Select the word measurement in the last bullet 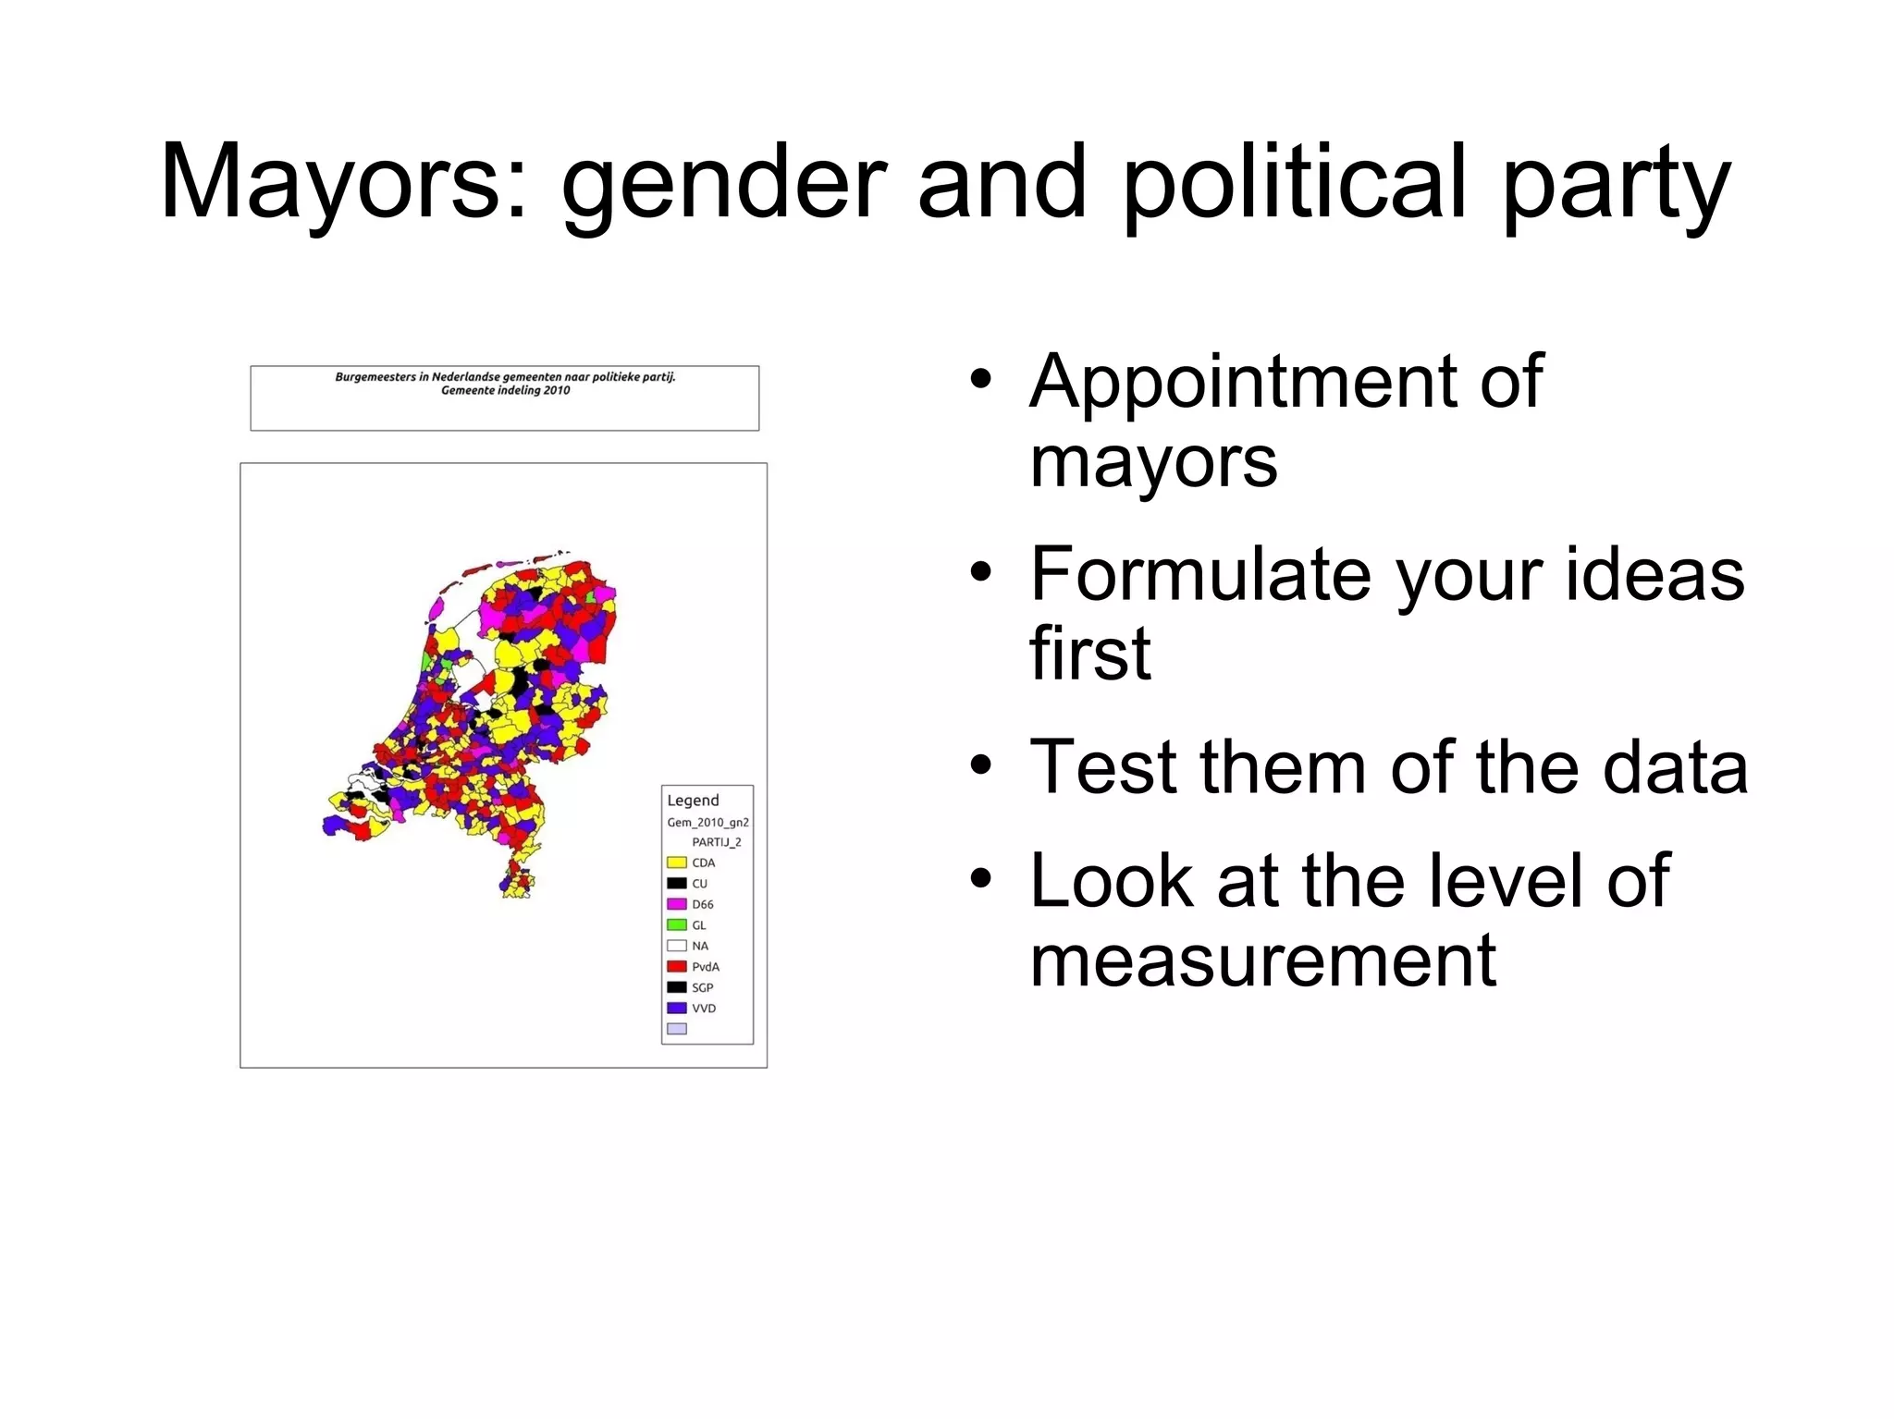pos(1262,960)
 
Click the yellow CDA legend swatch pos(677,862)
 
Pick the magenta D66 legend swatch pos(677,904)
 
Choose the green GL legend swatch pos(677,924)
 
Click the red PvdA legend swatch pos(677,966)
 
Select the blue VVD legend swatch pos(677,1008)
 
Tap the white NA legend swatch pos(677,946)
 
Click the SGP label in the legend pos(703,987)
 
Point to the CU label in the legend pos(700,884)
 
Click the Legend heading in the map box pos(693,801)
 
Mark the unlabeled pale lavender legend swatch pos(677,1029)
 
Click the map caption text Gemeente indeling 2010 pos(505,391)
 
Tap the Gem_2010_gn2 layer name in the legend pos(707,823)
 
